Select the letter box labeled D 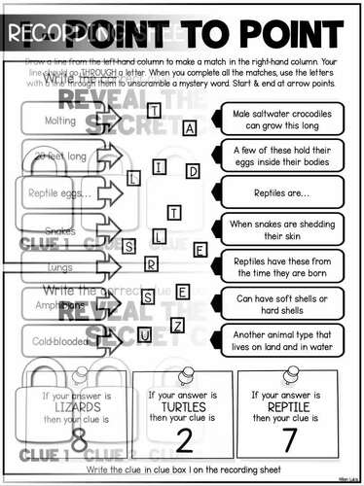coord(193,172)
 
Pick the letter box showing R coord(151,262)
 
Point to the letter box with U coord(143,335)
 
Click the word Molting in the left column coord(61,121)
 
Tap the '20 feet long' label coord(60,156)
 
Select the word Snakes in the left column coord(60,231)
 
